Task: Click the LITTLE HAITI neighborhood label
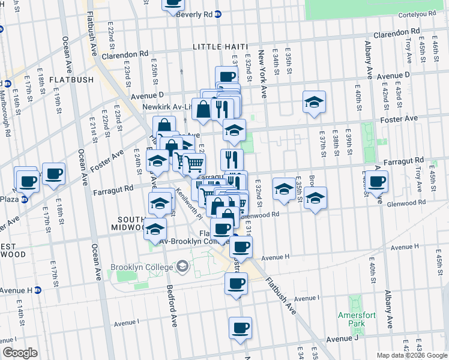click(x=220, y=47)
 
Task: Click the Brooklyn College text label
click(x=140, y=267)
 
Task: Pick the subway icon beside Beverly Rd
click(x=218, y=14)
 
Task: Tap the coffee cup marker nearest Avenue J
click(x=241, y=328)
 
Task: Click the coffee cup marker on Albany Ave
click(x=378, y=182)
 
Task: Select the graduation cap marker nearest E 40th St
click(x=313, y=103)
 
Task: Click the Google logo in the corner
click(x=20, y=353)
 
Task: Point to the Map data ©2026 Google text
click(x=412, y=355)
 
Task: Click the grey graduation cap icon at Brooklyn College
click(x=181, y=266)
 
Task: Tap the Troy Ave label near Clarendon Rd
click(x=408, y=51)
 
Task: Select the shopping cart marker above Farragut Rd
click(x=193, y=163)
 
